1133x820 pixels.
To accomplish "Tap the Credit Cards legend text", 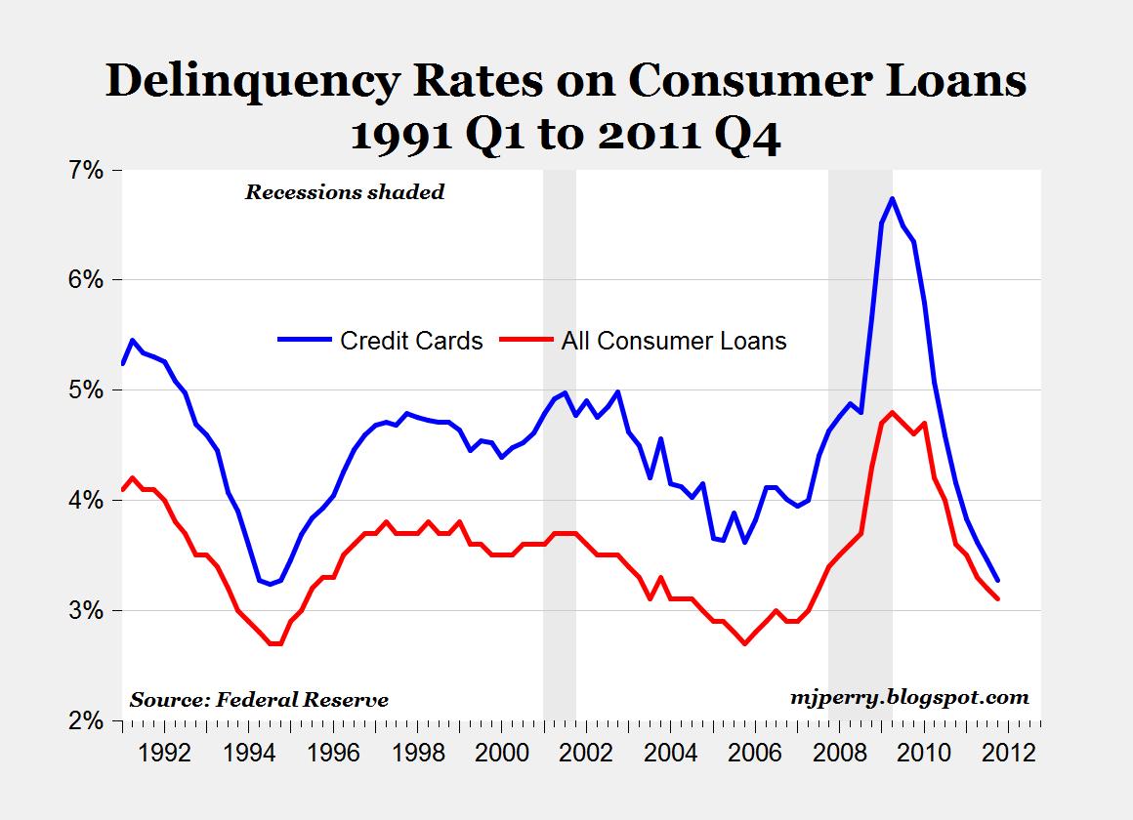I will tap(411, 341).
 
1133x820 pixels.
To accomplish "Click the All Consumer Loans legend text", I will tap(674, 341).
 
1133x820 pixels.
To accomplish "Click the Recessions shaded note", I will tap(344, 192).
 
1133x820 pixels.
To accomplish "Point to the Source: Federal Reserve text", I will tap(259, 700).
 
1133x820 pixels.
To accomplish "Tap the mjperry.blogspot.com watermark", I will tap(908, 697).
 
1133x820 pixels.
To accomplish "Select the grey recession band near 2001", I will tap(560, 439).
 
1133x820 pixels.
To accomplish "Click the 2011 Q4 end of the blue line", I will tap(998, 580).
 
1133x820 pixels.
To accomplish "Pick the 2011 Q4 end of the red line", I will tap(998, 599).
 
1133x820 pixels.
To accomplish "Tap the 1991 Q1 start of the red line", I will tap(122, 489).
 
